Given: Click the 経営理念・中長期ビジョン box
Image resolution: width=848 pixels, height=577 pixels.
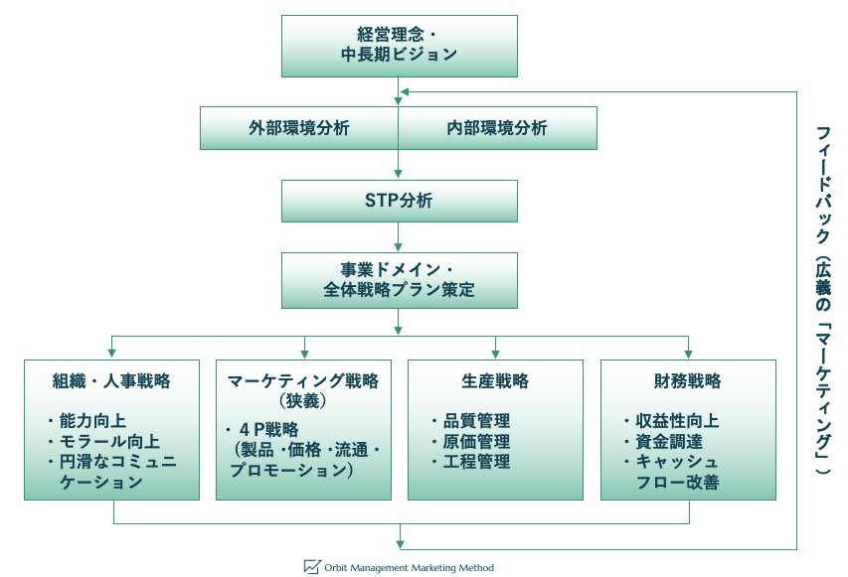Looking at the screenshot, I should coord(399,46).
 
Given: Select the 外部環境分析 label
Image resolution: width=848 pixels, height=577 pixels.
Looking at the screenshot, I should coord(298,128).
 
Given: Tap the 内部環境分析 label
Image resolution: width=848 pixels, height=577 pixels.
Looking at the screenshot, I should coord(497,128).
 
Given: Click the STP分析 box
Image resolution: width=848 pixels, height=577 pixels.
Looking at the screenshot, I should coord(399,201).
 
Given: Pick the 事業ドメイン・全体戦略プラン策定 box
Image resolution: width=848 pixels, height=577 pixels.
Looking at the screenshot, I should coord(399,279).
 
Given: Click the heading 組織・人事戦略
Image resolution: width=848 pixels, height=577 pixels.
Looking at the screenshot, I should coord(112,381).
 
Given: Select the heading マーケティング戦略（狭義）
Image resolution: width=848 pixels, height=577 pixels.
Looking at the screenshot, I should coord(303,390).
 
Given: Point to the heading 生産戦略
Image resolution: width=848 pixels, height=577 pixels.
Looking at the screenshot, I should coord(495,381).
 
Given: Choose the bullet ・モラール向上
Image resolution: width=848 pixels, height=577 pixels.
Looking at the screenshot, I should coord(102,442).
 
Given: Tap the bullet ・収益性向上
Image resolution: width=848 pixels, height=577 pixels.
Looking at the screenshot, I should coord(670,421).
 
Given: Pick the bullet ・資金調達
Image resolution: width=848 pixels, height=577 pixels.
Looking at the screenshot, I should coord(662,442).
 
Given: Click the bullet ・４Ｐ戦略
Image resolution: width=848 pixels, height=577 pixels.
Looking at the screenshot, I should coord(263,430).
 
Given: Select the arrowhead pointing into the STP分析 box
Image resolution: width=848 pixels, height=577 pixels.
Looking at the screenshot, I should coord(399,175).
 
